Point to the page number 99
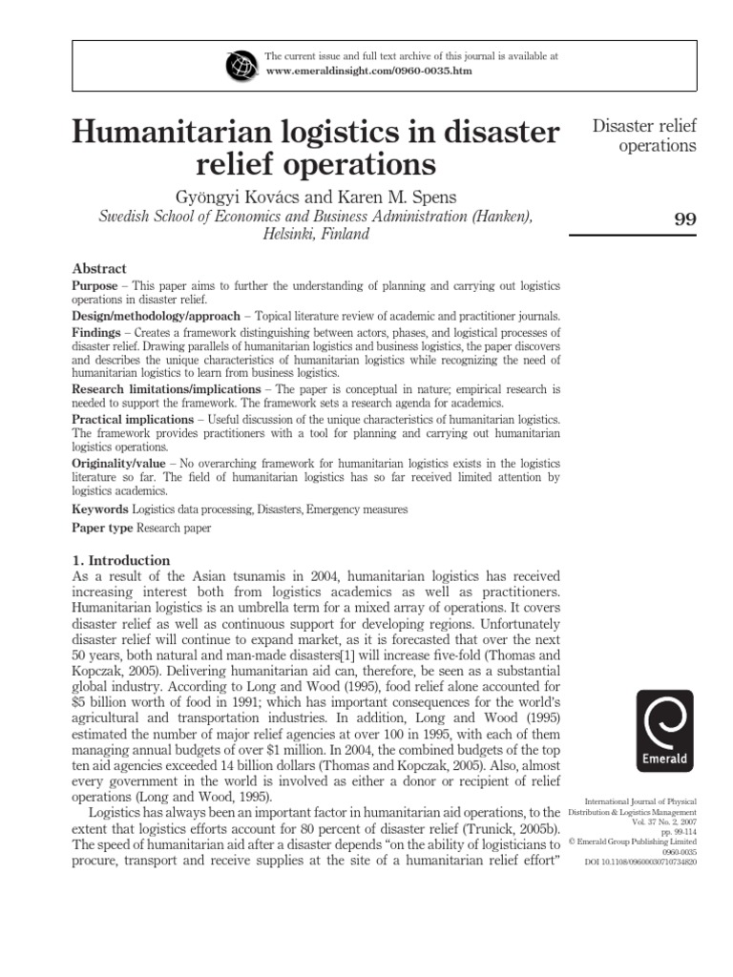coord(684,218)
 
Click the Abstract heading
coord(99,268)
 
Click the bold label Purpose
coord(95,286)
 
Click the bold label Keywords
coord(100,509)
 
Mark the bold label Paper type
coord(103,528)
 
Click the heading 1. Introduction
coord(121,561)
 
